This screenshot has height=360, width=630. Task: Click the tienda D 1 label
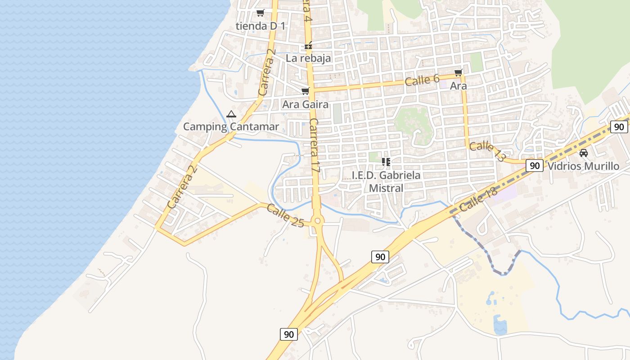tap(261, 26)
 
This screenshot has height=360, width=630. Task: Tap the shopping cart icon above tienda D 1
tap(260, 13)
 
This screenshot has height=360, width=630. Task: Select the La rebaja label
tap(308, 58)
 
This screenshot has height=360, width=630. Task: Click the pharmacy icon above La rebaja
tap(309, 46)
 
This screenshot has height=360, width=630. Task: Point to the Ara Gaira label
tap(305, 104)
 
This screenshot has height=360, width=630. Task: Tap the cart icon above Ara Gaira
tap(306, 92)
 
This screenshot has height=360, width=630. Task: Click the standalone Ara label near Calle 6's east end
tap(459, 85)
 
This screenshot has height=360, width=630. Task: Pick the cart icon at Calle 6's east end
tap(458, 73)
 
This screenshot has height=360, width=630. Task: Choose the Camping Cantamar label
tap(231, 126)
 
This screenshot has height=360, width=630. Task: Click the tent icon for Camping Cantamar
tap(231, 114)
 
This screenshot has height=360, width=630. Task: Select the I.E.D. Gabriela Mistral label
tap(386, 181)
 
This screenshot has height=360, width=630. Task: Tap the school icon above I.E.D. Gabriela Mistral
tap(386, 162)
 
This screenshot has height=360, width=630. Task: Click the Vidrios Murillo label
tap(583, 166)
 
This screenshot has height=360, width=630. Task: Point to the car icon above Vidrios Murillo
tap(584, 153)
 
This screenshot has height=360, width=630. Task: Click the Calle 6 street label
tap(422, 80)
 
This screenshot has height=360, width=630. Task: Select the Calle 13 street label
tap(487, 151)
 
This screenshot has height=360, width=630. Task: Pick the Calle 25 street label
tap(285, 216)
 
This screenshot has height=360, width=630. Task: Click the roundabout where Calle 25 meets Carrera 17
tap(318, 220)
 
